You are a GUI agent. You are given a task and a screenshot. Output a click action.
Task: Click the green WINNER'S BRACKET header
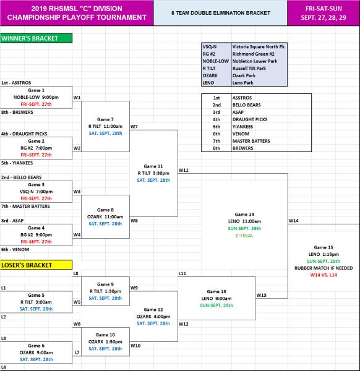tap(36, 38)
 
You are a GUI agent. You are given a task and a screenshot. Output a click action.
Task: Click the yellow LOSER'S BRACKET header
tap(36, 265)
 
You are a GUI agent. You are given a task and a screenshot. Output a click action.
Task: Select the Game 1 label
tap(36, 90)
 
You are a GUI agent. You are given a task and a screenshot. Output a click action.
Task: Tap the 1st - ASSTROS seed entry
tap(16, 83)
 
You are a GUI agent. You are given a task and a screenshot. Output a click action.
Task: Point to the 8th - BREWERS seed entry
tap(17, 112)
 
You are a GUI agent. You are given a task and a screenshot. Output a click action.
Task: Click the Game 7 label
tap(105, 119)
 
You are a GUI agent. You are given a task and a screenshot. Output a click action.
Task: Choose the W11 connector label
tap(184, 170)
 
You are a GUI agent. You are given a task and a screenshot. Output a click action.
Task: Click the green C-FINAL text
tap(244, 236)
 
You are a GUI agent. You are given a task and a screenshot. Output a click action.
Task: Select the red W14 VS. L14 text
tap(324, 275)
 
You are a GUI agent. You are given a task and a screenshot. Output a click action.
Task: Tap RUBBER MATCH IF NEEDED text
tap(324, 268)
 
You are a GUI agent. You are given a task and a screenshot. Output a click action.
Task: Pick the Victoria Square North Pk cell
tap(259, 46)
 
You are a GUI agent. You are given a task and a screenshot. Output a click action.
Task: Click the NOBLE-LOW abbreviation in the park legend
tap(216, 61)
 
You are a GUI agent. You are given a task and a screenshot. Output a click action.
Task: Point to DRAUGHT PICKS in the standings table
tap(250, 119)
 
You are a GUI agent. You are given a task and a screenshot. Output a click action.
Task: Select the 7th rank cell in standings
tap(216, 141)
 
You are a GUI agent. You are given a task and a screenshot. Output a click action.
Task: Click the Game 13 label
tap(216, 291)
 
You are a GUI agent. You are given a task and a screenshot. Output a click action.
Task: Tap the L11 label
tap(182, 273)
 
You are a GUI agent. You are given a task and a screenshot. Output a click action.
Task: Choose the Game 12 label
tap(153, 310)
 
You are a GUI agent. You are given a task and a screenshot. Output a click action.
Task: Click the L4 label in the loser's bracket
tap(4, 367)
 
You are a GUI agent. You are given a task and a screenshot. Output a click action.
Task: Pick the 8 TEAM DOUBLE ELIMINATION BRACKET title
tap(221, 13)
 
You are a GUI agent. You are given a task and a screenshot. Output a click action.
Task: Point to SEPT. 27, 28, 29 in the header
tap(324, 17)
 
